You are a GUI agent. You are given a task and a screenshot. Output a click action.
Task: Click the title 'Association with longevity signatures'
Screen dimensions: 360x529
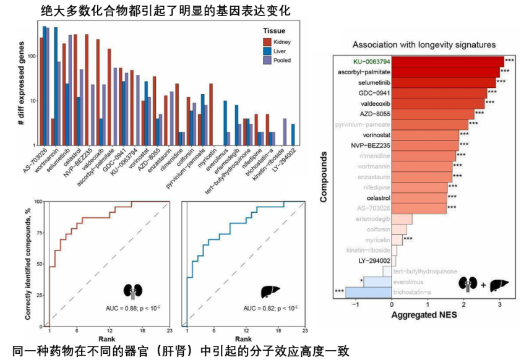[x=424, y=45]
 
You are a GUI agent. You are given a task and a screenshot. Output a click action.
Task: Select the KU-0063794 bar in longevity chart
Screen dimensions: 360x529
[x=447, y=61]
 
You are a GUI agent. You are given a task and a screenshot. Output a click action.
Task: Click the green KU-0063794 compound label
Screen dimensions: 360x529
[x=372, y=61]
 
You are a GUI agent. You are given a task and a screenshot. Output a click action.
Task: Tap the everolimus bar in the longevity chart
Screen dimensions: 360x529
[x=377, y=281]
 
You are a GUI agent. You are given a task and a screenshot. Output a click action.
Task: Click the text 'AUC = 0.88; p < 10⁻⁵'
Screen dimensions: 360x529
[x=134, y=307]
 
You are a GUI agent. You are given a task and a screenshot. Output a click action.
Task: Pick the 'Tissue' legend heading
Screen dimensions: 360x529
[x=273, y=30]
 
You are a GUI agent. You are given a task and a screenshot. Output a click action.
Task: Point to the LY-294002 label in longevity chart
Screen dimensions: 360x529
[x=374, y=260]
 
